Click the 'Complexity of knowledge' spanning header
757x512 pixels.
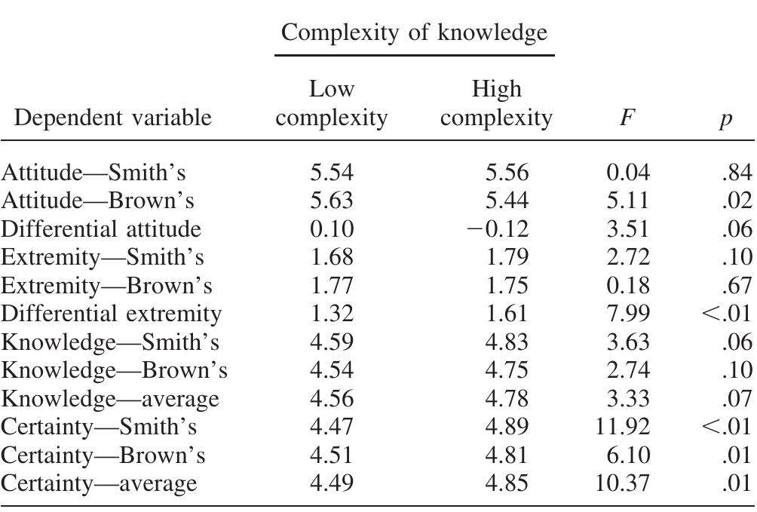coord(414,32)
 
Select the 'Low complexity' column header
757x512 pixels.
coord(332,104)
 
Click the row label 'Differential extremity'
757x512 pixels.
coord(111,313)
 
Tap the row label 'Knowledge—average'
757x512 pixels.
coord(110,398)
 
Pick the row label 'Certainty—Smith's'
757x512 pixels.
coord(99,427)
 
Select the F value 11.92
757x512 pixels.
coord(622,427)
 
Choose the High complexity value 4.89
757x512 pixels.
coord(507,427)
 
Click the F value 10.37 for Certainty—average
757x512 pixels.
coord(622,483)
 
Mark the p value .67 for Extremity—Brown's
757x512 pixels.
coord(737,285)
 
